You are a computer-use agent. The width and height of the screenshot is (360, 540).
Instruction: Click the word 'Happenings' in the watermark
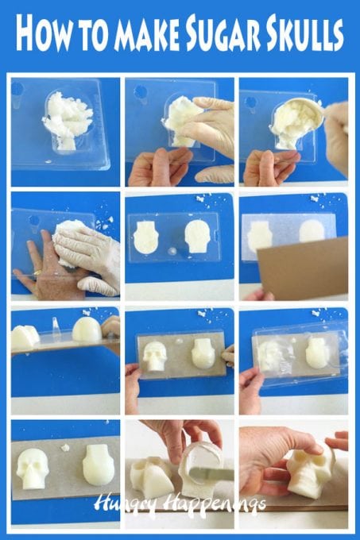click(x=199, y=503)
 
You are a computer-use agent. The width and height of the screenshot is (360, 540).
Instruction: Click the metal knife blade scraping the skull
click(x=215, y=474)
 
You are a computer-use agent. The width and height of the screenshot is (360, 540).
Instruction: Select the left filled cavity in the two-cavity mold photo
click(x=145, y=237)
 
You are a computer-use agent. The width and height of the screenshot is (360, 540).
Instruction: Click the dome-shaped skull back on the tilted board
click(x=87, y=330)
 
